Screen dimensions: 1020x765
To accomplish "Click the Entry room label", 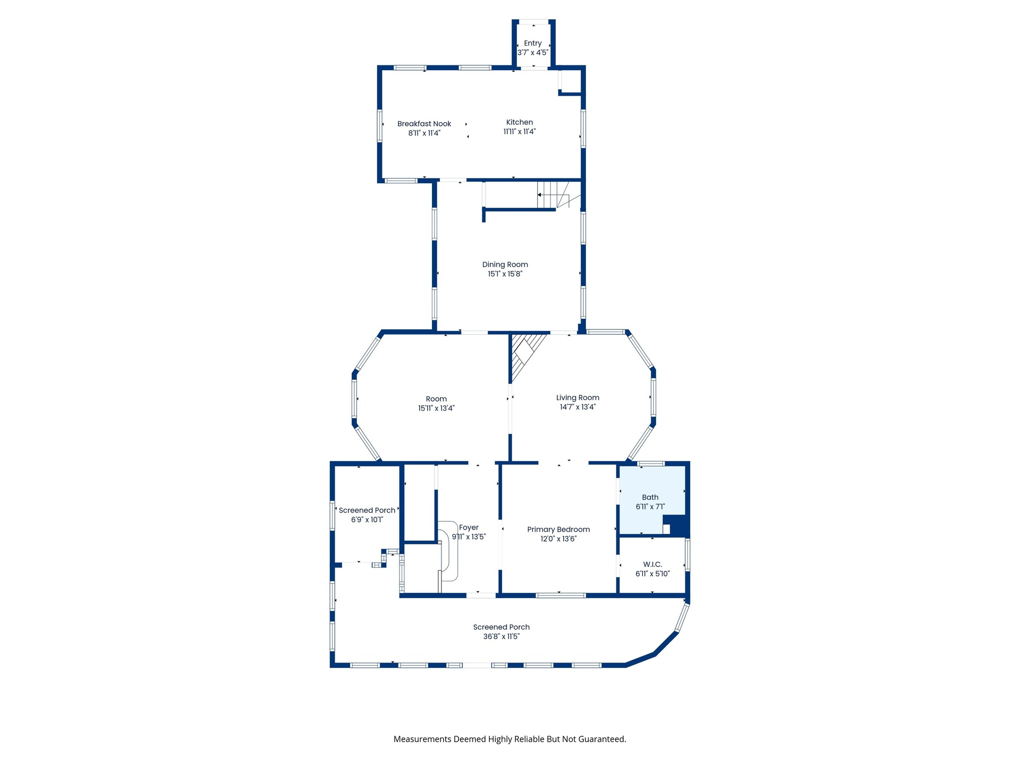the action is click(533, 44).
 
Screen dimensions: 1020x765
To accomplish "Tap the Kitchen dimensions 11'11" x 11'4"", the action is click(520, 132).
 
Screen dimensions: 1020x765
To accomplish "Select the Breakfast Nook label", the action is click(424, 124).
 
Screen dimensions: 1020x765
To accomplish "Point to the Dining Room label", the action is click(505, 265).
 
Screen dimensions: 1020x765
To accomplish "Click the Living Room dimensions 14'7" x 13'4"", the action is click(577, 407).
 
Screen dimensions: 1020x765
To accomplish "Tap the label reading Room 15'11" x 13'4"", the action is click(436, 404).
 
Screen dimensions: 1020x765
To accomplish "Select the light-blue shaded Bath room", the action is click(652, 500).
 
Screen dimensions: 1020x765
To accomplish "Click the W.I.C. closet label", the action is click(652, 564).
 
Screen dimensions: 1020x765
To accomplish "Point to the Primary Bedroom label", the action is click(558, 530).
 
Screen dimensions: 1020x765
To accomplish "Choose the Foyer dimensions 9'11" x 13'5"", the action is click(469, 537).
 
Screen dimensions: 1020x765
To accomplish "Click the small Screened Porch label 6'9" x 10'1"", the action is click(367, 515).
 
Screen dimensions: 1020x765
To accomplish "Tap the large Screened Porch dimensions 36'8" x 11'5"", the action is click(501, 636).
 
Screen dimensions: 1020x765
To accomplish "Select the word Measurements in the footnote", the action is click(422, 739).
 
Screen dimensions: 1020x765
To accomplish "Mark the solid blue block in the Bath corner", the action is click(677, 525).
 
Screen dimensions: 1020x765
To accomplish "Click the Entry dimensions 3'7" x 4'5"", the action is click(533, 53).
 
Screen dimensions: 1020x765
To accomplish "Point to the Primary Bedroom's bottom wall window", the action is click(561, 596).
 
